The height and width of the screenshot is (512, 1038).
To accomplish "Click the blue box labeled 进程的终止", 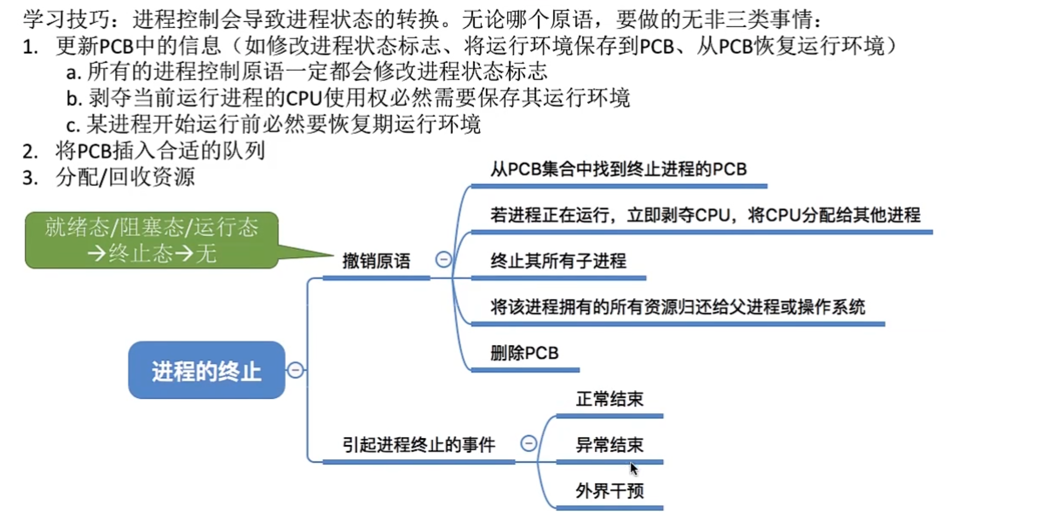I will tap(206, 370).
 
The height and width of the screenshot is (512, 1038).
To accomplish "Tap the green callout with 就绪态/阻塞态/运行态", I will tap(151, 240).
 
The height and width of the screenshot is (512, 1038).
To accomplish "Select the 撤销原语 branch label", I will tap(376, 262).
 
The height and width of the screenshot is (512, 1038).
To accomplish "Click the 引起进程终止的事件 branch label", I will tap(418, 445).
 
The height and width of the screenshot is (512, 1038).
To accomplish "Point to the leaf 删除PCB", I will tap(524, 353).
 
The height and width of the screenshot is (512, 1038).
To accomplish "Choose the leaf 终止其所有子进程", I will tap(558, 261).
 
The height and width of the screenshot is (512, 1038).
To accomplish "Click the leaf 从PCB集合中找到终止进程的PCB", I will tap(618, 169).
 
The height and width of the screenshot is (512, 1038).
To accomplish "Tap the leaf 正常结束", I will tap(609, 399).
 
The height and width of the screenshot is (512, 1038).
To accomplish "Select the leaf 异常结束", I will tap(609, 445).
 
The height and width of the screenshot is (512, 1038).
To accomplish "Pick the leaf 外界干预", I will tap(609, 491).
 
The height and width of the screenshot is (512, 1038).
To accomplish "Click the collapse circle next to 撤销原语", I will tap(443, 259).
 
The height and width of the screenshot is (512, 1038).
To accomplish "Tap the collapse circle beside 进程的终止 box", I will tap(295, 370).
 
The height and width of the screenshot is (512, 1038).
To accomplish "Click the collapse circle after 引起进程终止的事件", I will tap(528, 443).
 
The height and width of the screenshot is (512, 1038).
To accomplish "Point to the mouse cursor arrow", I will tap(633, 468).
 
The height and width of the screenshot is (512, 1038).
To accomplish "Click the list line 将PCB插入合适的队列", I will tap(160, 151).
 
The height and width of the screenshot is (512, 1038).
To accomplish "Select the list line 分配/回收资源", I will tap(125, 177).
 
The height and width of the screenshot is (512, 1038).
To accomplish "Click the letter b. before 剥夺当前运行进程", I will tap(74, 98).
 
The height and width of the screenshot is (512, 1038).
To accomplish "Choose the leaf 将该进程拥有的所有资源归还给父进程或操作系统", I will tap(677, 307).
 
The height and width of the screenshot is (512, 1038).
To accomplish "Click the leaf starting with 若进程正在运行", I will tap(705, 215).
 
